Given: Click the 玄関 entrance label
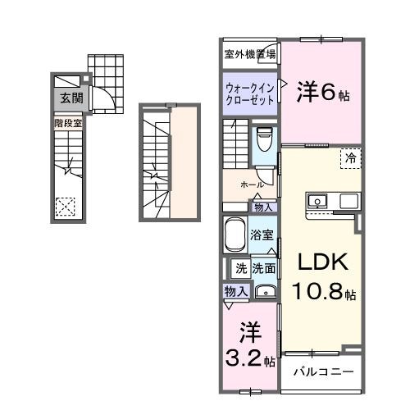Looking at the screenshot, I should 69,98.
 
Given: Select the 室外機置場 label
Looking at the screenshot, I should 250,55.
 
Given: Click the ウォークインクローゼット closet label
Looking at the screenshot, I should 249,93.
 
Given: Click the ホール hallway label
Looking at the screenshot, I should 252,185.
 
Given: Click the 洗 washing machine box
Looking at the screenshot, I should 241,267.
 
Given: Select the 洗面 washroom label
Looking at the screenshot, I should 263,267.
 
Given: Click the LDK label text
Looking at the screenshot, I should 323,263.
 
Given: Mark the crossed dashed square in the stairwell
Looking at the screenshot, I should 66,206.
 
